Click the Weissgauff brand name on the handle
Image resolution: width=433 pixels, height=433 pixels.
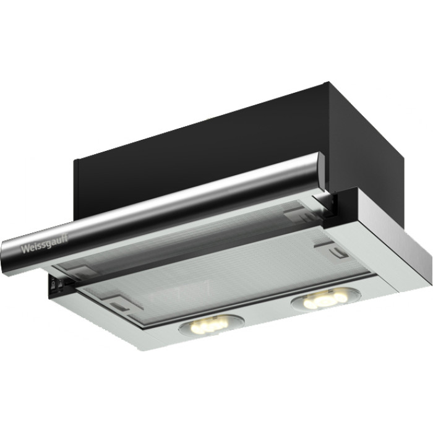point(45,244)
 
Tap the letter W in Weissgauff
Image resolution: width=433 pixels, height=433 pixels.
point(25,249)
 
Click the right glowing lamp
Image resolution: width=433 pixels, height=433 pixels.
point(326,299)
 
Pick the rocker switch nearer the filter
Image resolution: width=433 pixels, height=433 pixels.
point(59,283)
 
